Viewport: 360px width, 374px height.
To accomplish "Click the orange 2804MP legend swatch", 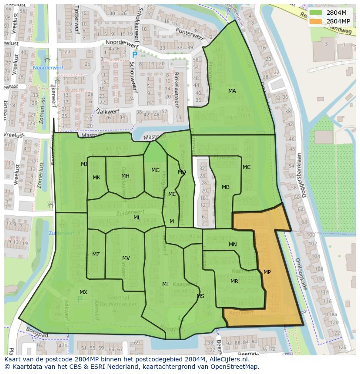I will tap(316, 21).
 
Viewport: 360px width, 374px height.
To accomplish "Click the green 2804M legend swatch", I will tap(316, 13).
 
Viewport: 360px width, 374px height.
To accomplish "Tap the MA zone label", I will tap(232, 91).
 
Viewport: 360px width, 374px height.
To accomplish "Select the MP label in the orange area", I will tap(267, 272).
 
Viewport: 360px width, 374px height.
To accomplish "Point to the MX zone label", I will tap(83, 292).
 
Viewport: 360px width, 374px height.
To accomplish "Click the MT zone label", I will tap(166, 284).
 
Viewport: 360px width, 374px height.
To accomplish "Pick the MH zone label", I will tap(125, 176).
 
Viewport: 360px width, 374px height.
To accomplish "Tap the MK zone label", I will tap(97, 178).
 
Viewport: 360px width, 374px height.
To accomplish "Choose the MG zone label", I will tap(155, 170).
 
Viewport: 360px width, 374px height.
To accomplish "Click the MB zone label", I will tap(226, 187).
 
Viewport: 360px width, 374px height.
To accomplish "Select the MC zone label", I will tap(247, 167).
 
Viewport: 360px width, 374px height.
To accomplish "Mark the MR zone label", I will tap(234, 281).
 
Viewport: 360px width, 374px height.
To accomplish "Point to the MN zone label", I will tap(233, 245).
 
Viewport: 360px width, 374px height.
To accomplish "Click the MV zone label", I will tap(126, 258).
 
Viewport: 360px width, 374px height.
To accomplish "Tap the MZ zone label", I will tap(96, 255).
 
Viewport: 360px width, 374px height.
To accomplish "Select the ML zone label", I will tap(137, 218).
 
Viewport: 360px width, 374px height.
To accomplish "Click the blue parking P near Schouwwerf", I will tap(134, 55).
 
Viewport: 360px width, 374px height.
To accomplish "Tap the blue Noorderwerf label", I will tap(48, 68).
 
